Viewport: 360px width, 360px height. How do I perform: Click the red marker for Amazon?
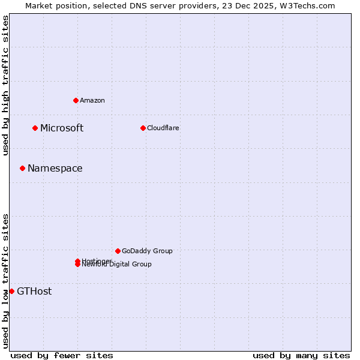pos(76,100)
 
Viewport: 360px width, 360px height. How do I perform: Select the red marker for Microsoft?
pos(35,128)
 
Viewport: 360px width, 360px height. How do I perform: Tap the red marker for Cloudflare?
pos(143,128)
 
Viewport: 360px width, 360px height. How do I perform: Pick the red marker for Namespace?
pos(22,168)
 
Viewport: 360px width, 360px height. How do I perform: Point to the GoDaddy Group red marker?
pos(118,251)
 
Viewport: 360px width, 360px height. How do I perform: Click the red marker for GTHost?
pos(11,291)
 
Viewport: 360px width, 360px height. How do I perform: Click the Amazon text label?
pos(92,100)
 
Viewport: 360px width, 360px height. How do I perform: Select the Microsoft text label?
pos(62,128)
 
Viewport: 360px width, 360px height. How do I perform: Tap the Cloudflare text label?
pos(163,128)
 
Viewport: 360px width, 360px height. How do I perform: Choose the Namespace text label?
pos(55,168)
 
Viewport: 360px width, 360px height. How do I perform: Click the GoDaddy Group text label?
pos(147,251)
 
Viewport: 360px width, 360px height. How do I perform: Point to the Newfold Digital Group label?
pos(117,265)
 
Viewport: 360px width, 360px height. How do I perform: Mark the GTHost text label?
pos(34,291)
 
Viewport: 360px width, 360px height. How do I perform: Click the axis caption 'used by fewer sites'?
pos(62,355)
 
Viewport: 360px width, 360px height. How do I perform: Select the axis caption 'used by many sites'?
pos(301,355)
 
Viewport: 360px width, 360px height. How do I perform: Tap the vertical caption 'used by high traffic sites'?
pos(5,85)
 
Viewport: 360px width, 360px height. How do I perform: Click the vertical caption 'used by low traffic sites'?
pos(5,280)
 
